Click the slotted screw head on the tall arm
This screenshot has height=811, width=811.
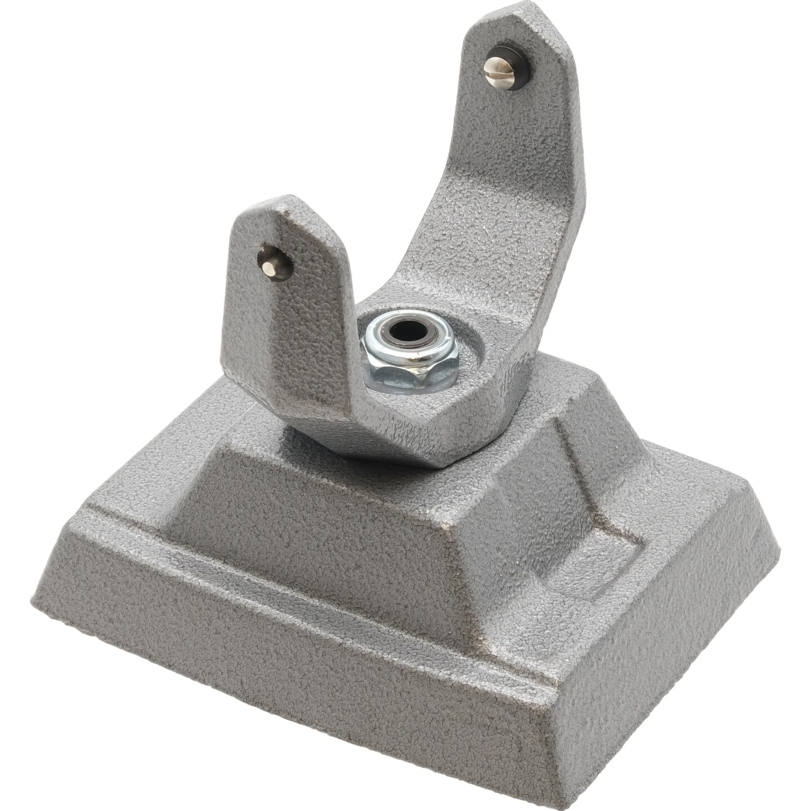pos(499,68)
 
